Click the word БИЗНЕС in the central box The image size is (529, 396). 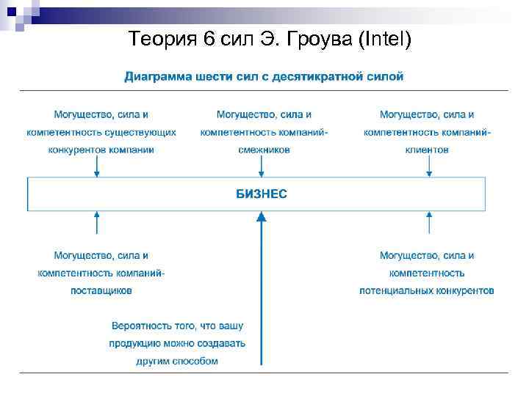[x=261, y=194]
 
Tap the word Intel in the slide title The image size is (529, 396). [x=384, y=39]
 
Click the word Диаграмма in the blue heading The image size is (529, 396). [x=156, y=76]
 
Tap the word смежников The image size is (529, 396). [x=264, y=150]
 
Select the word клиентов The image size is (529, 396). [x=427, y=150]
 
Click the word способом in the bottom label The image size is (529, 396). [x=198, y=361]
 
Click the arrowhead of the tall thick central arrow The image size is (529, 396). [x=261, y=216]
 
